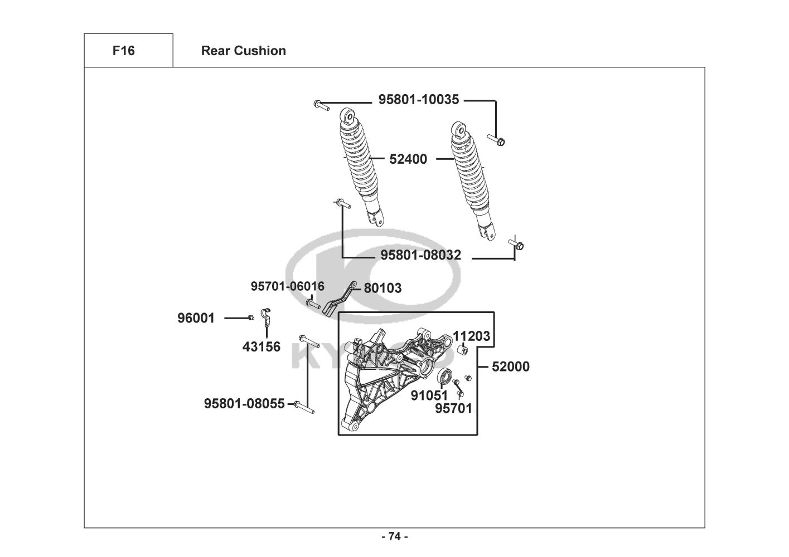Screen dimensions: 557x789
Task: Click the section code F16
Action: pyautogui.click(x=123, y=51)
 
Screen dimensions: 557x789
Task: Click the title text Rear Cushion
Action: pyautogui.click(x=243, y=51)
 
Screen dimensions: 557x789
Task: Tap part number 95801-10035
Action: pyautogui.click(x=419, y=100)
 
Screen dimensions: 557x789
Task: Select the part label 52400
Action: pyautogui.click(x=408, y=159)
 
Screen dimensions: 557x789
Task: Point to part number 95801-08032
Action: pyautogui.click(x=420, y=255)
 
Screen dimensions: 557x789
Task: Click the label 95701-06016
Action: pyautogui.click(x=287, y=286)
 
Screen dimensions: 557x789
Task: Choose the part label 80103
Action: pyautogui.click(x=383, y=288)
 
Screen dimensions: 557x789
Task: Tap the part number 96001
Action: pyautogui.click(x=196, y=318)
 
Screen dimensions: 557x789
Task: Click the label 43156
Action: pyautogui.click(x=262, y=347)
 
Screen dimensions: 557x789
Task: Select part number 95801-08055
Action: pyautogui.click(x=244, y=403)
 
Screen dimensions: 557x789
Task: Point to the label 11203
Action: pyautogui.click(x=471, y=336)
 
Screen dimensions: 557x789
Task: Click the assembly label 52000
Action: pyautogui.click(x=511, y=367)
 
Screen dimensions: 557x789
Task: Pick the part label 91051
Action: pyautogui.click(x=429, y=395)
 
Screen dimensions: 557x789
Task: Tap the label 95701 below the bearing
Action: pyautogui.click(x=453, y=408)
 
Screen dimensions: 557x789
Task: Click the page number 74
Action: pyautogui.click(x=394, y=536)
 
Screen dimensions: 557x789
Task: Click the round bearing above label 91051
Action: pyautogui.click(x=445, y=377)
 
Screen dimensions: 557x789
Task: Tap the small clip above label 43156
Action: pyautogui.click(x=266, y=316)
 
